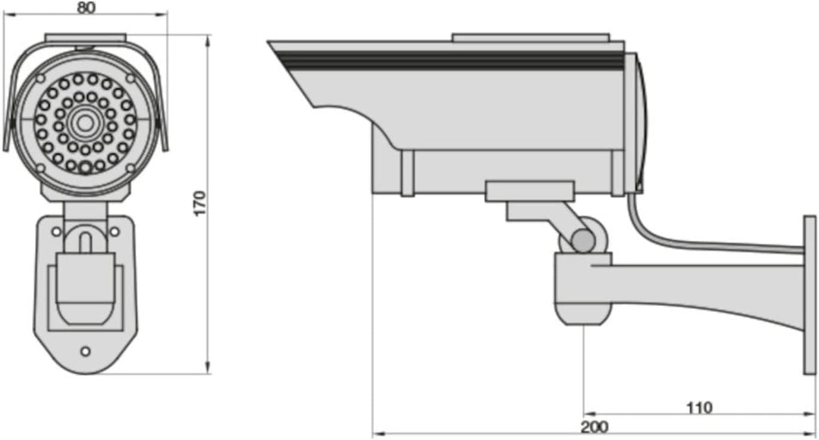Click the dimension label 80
[86, 8]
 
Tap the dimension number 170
[200, 204]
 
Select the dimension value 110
[699, 407]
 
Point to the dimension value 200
[595, 427]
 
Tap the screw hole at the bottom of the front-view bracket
[85, 351]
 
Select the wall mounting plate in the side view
[810, 295]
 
